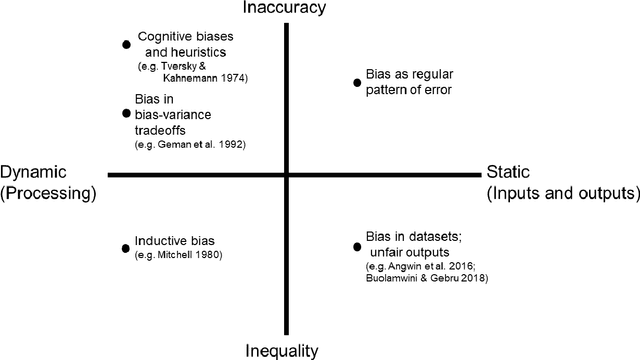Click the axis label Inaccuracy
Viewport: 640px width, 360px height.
coord(287,9)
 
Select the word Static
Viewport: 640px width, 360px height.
coord(508,171)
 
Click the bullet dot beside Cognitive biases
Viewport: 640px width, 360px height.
coord(126,44)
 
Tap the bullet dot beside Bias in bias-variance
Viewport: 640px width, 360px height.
coord(126,114)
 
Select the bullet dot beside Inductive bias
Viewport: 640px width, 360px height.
coord(126,243)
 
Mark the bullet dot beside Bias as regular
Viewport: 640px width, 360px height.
coord(357,82)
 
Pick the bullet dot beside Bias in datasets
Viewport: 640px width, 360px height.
coord(357,246)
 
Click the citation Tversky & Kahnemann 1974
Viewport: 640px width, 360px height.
coord(193,71)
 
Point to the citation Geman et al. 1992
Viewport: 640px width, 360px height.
coord(190,145)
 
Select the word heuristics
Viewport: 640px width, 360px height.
coord(200,52)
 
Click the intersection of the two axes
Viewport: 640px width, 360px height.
coord(287,175)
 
